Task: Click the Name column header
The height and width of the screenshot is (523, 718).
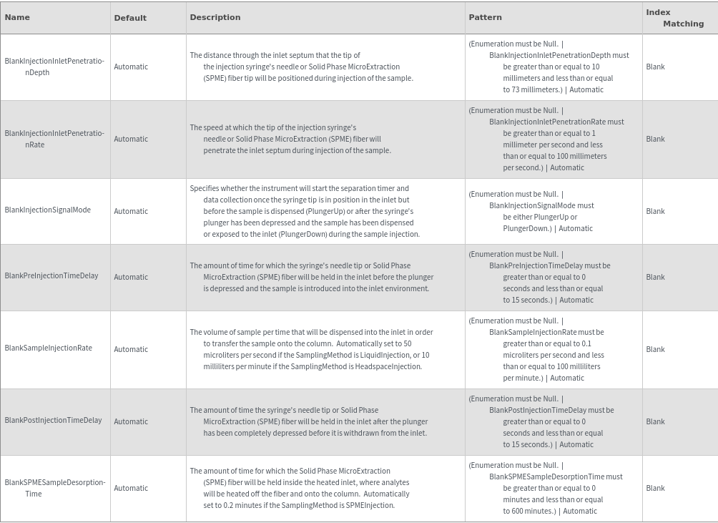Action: [x=17, y=17]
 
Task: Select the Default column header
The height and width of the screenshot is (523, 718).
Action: [x=130, y=18]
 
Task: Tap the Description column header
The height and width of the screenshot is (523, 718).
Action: [x=215, y=17]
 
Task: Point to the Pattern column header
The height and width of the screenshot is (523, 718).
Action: [x=485, y=17]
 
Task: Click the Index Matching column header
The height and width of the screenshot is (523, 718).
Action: [x=674, y=18]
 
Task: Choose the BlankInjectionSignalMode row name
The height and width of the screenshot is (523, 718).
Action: [x=48, y=210]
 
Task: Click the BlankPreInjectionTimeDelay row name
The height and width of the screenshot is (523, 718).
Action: [x=51, y=276]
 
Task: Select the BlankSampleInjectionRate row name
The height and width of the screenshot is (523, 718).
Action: [x=49, y=348]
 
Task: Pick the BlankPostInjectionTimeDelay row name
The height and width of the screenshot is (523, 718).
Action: [x=53, y=421]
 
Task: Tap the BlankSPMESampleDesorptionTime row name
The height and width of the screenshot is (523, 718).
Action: [x=54, y=488]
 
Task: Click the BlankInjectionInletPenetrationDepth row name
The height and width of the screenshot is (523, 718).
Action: [x=54, y=67]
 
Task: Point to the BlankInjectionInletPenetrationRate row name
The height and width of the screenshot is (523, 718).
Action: [x=54, y=139]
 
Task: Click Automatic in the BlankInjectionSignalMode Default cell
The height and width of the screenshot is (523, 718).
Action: [x=131, y=211]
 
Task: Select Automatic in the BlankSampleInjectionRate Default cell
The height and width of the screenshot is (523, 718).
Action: [x=131, y=349]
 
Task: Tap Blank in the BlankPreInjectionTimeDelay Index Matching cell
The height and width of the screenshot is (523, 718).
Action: [x=655, y=277]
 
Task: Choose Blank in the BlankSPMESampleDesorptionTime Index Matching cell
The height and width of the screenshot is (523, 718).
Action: [x=655, y=488]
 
